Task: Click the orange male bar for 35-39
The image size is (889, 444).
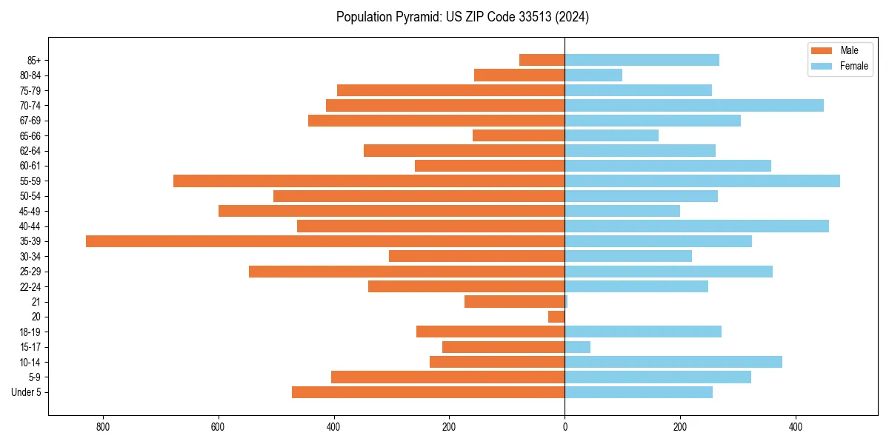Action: [x=325, y=241]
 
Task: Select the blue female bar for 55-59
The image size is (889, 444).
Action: [x=702, y=181]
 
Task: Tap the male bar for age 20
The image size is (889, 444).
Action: [x=556, y=317]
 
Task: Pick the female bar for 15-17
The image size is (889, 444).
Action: [x=578, y=347]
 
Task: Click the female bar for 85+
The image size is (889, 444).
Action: [x=642, y=60]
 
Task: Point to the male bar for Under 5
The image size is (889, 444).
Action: [x=428, y=392]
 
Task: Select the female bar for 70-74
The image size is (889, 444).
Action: [x=694, y=106]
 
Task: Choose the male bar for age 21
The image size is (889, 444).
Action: [x=514, y=302]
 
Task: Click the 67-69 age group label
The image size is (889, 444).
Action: [x=30, y=121]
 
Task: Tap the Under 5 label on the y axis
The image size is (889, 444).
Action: [x=26, y=392]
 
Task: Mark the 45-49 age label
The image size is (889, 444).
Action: [x=30, y=212]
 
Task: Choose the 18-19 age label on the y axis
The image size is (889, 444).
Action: [x=30, y=332]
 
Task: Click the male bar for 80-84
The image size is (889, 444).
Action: [x=519, y=75]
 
